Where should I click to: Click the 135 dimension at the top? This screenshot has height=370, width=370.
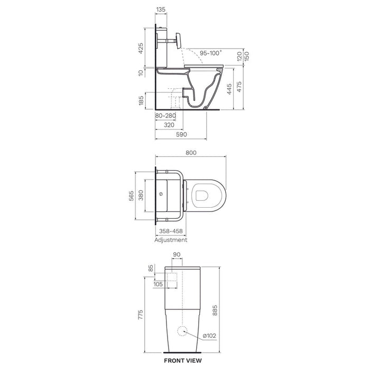pyautogui.click(x=161, y=10)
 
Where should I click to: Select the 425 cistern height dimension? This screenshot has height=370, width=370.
pyautogui.click(x=141, y=48)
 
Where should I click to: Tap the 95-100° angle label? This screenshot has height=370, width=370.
pyautogui.click(x=211, y=53)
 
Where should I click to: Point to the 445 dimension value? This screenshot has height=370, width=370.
pyautogui.click(x=229, y=89)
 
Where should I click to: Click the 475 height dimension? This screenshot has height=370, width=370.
pyautogui.click(x=239, y=87)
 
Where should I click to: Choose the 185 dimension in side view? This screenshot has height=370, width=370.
pyautogui.click(x=141, y=100)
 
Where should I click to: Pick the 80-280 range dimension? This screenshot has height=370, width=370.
pyautogui.click(x=165, y=116)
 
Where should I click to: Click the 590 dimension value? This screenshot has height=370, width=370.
pyautogui.click(x=181, y=134)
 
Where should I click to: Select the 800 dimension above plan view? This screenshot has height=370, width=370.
pyautogui.click(x=191, y=153)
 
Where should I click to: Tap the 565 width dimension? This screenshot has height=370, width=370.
pyautogui.click(x=131, y=196)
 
